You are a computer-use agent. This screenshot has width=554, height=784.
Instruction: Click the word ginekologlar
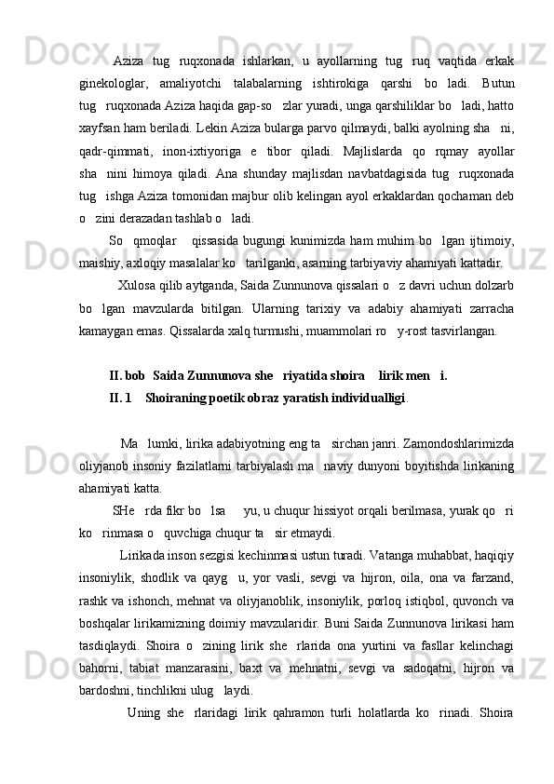click(x=108, y=86)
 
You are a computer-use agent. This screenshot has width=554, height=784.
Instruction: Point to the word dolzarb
click(x=494, y=309)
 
